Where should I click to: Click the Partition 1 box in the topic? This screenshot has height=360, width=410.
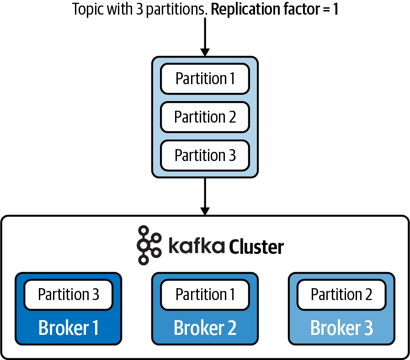click(x=205, y=79)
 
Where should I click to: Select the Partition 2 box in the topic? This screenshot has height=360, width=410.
click(x=205, y=117)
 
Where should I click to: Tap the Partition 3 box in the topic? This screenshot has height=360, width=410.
click(x=205, y=156)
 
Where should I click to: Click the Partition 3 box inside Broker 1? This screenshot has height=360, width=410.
click(x=69, y=294)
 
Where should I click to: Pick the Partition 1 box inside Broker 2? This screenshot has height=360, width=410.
click(x=205, y=294)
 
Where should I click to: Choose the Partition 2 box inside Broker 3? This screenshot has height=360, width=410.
click(x=341, y=294)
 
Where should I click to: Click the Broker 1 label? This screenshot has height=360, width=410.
click(x=69, y=328)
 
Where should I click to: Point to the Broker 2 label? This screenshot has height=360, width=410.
click(x=205, y=328)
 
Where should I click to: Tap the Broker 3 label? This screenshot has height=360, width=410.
click(x=341, y=328)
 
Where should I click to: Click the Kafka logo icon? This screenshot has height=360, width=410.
click(x=149, y=245)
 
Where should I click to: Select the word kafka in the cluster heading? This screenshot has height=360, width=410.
click(x=196, y=246)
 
